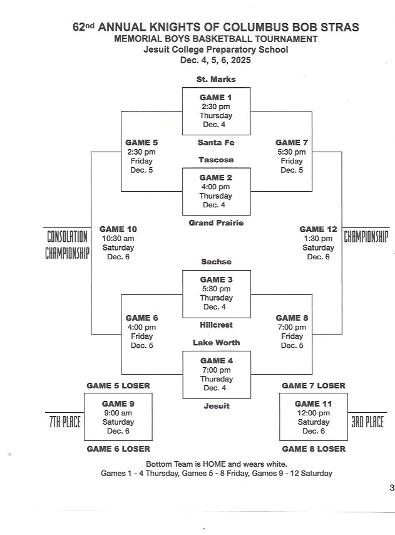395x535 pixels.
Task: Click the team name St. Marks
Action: (x=216, y=80)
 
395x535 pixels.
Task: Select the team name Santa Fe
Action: (x=216, y=143)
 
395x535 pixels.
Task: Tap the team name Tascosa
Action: (x=216, y=160)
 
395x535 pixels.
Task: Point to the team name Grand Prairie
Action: (x=216, y=222)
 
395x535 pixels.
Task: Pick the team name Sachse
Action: (x=216, y=261)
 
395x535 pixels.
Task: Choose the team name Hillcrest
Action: (x=216, y=325)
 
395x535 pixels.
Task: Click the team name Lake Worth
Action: (x=216, y=343)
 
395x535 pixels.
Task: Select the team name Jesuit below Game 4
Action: (x=216, y=406)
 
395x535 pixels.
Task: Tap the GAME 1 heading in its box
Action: (x=216, y=97)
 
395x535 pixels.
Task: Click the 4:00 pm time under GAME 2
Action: (x=216, y=187)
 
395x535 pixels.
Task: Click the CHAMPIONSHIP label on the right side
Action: (x=366, y=237)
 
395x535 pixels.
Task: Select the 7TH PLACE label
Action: (x=65, y=422)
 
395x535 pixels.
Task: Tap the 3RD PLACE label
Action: (x=366, y=422)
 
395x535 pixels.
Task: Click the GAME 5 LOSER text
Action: (x=118, y=386)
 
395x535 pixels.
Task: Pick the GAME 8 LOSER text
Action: (x=314, y=449)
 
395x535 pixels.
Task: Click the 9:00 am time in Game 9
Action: (x=118, y=413)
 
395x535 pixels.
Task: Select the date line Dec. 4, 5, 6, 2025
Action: (x=215, y=60)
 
